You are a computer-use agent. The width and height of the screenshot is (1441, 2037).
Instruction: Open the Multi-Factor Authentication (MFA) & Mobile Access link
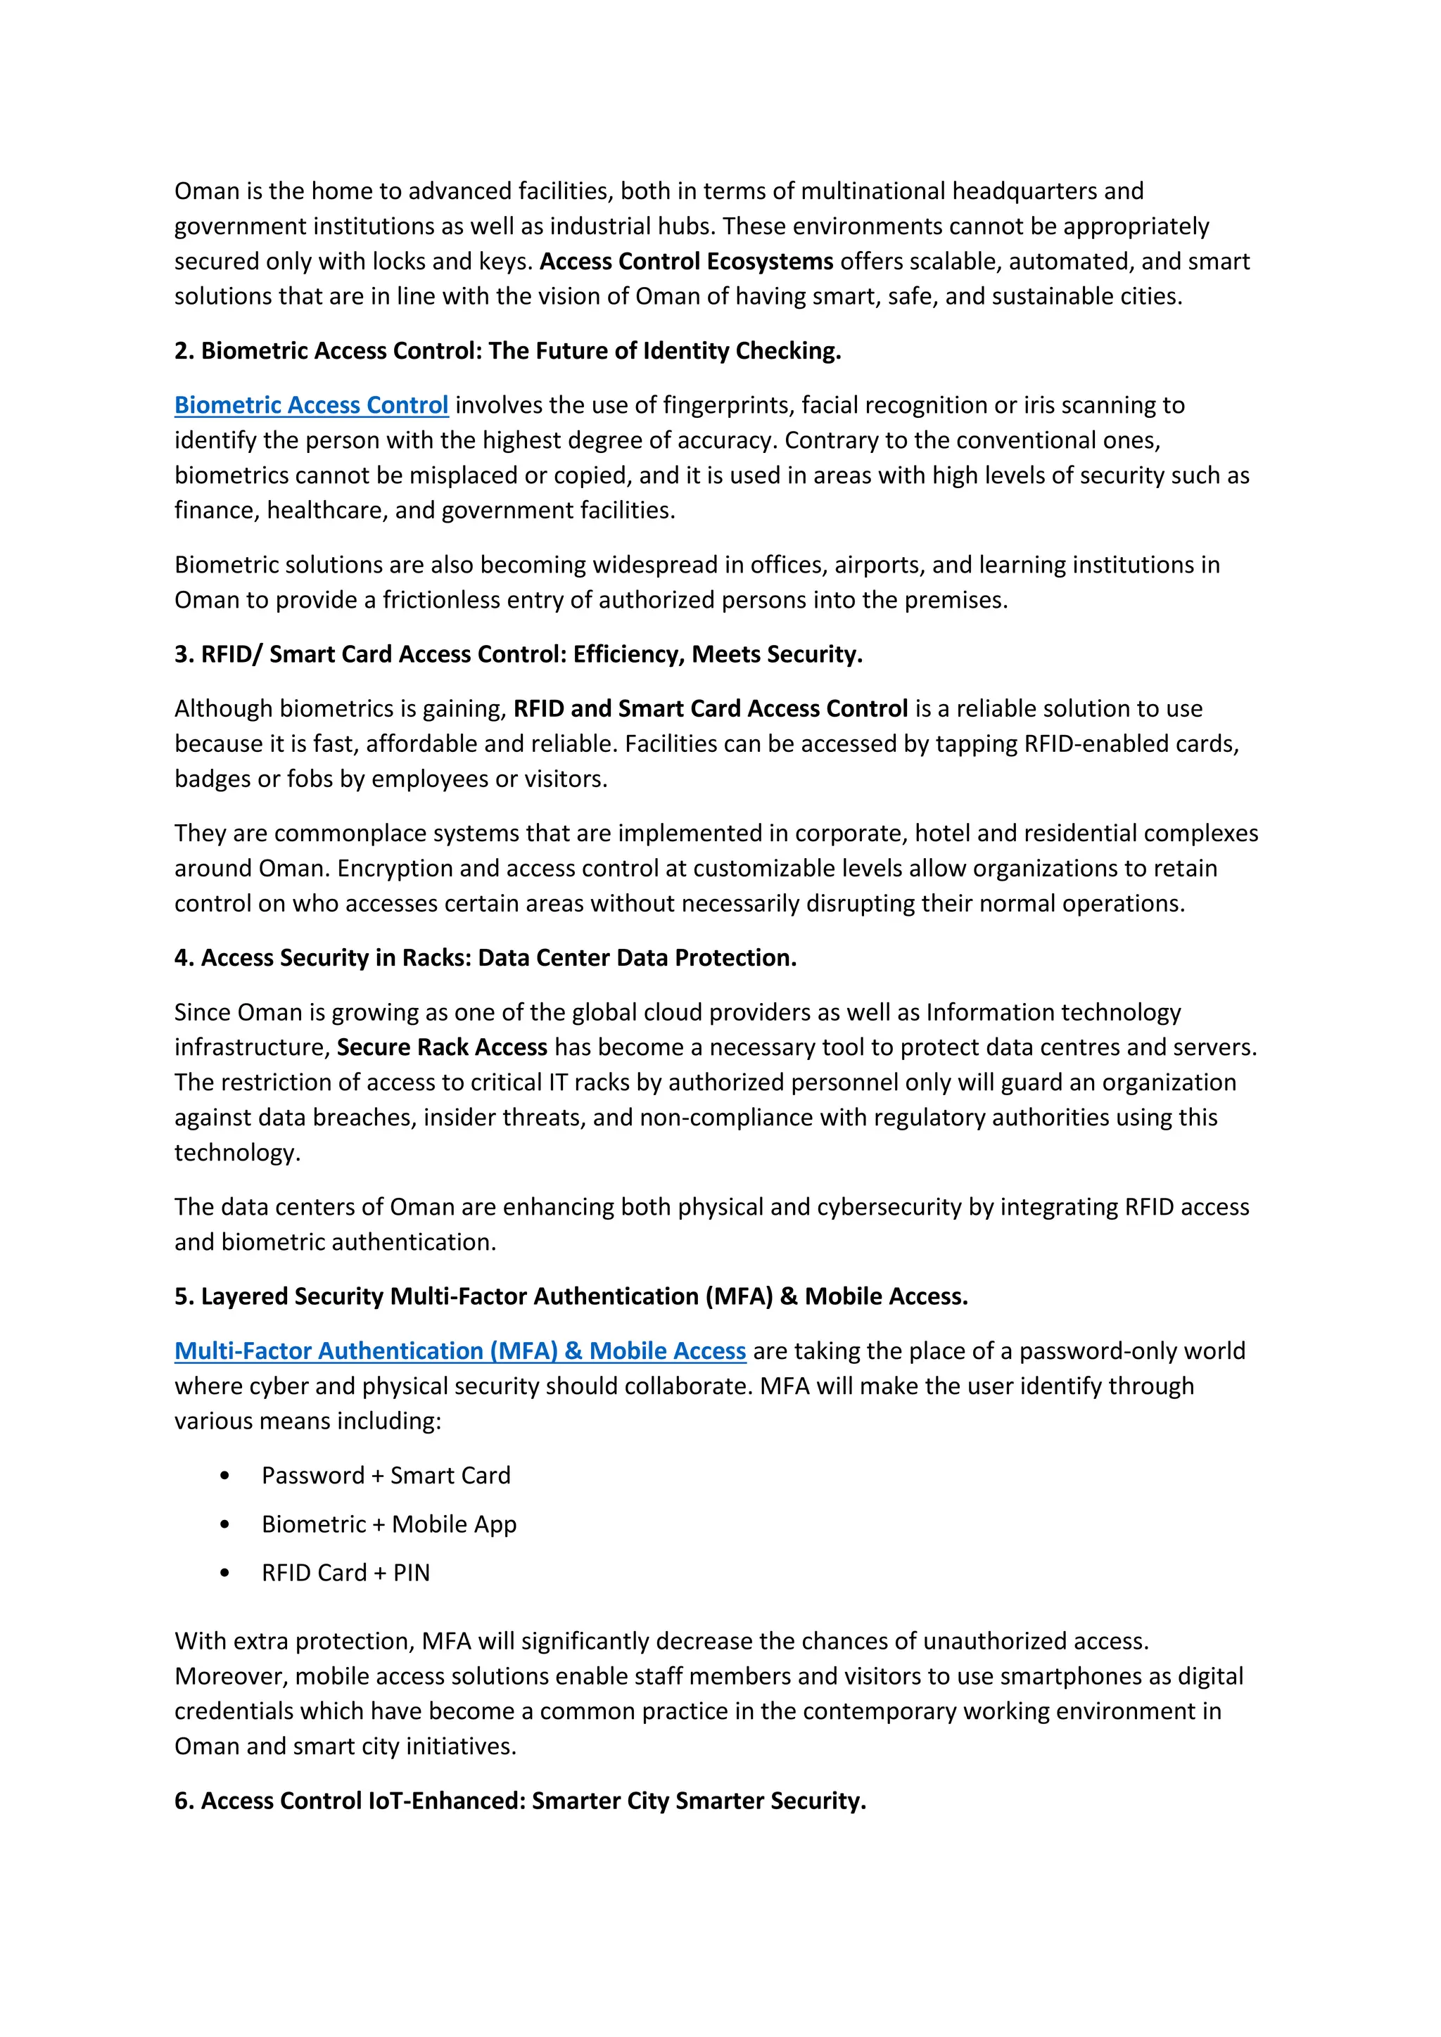459,1350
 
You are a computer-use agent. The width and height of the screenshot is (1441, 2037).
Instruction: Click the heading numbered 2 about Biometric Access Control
507,351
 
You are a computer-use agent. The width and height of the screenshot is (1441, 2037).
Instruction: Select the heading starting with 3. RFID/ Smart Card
518,655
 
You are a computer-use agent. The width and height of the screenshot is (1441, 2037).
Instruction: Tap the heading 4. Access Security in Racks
485,958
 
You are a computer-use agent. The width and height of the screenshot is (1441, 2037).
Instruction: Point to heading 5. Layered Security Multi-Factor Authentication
571,1296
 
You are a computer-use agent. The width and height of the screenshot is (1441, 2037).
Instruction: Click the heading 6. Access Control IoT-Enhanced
520,1800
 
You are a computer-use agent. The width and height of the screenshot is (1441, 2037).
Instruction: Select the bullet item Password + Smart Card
386,1476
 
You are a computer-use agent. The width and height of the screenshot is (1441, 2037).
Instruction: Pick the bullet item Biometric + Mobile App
388,1524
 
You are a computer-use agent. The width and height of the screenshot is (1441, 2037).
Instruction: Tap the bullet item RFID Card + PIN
345,1573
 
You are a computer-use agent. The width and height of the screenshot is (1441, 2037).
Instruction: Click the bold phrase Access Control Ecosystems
686,262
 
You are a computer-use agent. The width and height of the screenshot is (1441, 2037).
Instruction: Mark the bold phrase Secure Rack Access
442,1048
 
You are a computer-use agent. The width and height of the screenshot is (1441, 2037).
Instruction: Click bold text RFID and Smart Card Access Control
710,709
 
